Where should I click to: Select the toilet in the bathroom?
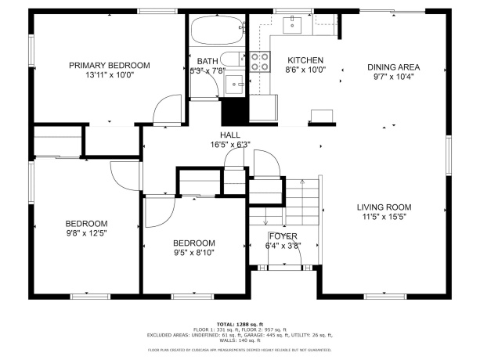pyautogui.click(x=230, y=59)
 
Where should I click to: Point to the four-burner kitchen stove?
pyautogui.click(x=259, y=61)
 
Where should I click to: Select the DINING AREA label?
pyautogui.click(x=394, y=67)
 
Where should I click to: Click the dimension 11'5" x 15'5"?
pyautogui.click(x=384, y=218)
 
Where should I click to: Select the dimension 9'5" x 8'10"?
pyautogui.click(x=193, y=252)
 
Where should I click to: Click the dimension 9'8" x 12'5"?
pyautogui.click(x=85, y=233)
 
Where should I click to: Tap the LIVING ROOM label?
pyautogui.click(x=384, y=207)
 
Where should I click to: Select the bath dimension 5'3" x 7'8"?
pyautogui.click(x=208, y=70)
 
